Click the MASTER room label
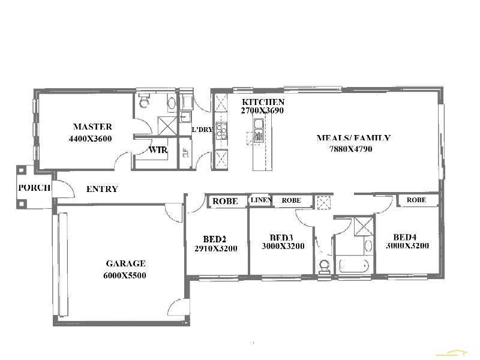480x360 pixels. pyautogui.click(x=92, y=127)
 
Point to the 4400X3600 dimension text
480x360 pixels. pyautogui.click(x=90, y=139)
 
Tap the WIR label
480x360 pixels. pyautogui.click(x=158, y=150)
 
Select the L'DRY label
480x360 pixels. pyautogui.click(x=202, y=130)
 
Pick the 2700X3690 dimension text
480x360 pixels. pyautogui.click(x=262, y=111)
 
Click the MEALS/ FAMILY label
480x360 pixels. pyautogui.click(x=353, y=138)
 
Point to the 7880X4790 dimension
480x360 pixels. pyautogui.click(x=351, y=149)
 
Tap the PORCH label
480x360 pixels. pyautogui.click(x=34, y=187)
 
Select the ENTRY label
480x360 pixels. pyautogui.click(x=102, y=189)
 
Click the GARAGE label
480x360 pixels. pyautogui.click(x=125, y=263)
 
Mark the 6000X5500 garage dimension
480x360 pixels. pyautogui.click(x=125, y=276)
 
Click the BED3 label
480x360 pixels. pyautogui.click(x=281, y=237)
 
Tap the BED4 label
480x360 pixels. pyautogui.click(x=406, y=236)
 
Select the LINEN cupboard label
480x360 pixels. pyautogui.click(x=261, y=200)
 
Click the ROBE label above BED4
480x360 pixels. pyautogui.click(x=416, y=200)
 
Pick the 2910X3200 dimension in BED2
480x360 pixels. pyautogui.click(x=216, y=248)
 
